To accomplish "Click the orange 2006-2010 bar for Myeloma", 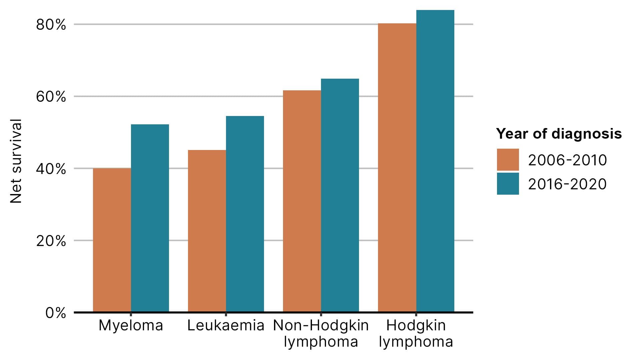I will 112,240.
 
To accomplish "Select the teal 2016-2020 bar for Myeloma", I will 150,218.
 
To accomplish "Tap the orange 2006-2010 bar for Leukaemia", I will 207,231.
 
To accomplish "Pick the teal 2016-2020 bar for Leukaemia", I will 245,214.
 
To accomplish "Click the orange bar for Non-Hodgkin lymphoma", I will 302,201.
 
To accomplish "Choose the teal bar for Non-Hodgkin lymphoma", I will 340,195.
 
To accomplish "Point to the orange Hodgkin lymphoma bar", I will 397,168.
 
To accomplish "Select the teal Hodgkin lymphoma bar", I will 435,161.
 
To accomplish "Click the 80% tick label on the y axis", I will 51,25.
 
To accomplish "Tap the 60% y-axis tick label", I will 51,97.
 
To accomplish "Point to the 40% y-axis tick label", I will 51,169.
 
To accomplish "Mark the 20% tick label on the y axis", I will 51,241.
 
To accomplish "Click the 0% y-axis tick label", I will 55,313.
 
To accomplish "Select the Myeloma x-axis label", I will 131,326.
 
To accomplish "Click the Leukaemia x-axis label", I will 226,326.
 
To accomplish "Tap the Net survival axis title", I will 16,161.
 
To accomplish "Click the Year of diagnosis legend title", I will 559,134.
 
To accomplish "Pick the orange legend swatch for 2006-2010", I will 508,160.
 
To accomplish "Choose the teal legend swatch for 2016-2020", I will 508,184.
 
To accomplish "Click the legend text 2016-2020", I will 567,184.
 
